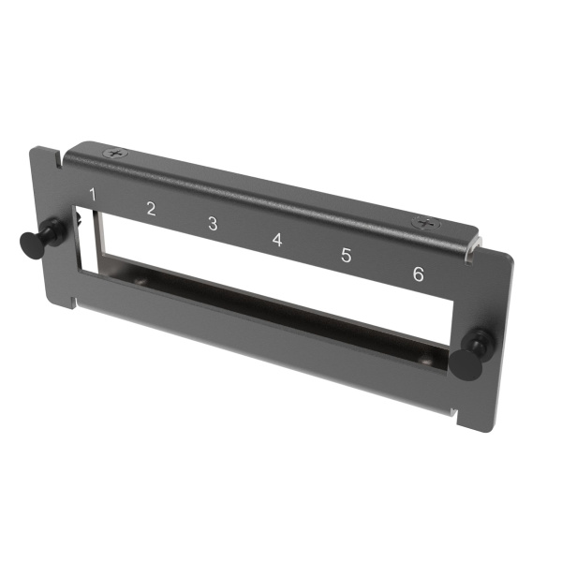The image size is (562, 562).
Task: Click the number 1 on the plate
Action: pyautogui.click(x=92, y=194)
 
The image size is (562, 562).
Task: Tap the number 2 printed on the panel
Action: pyautogui.click(x=151, y=209)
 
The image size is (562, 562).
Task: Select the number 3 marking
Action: pyautogui.click(x=213, y=224)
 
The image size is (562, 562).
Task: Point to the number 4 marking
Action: pyautogui.click(x=277, y=240)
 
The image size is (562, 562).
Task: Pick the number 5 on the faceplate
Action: pyautogui.click(x=346, y=256)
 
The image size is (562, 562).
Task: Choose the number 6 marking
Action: pyautogui.click(x=418, y=274)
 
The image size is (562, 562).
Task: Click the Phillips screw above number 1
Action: pyautogui.click(x=115, y=152)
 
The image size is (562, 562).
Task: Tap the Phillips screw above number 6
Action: pyautogui.click(x=426, y=224)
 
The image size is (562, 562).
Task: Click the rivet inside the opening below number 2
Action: pyautogui.click(x=140, y=280)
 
